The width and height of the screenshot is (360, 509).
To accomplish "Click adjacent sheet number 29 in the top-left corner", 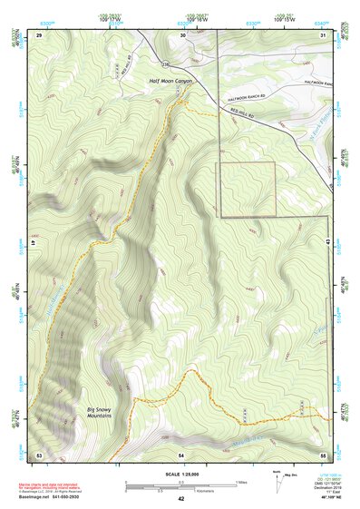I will coord(39,34).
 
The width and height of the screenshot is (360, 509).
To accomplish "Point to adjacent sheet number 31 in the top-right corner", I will coord(323,34).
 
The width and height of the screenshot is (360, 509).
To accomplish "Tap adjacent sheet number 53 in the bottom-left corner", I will coord(39,453).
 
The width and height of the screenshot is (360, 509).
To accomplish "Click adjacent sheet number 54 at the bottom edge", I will coord(181,453).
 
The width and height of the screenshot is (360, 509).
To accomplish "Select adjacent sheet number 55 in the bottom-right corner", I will coord(323,453).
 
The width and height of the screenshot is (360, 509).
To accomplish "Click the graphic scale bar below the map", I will coord(180,485).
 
